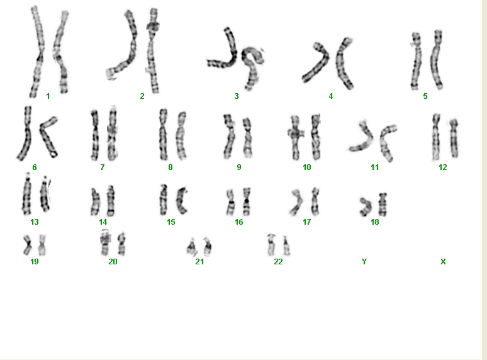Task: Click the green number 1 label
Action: [x=48, y=96]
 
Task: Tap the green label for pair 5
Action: [x=425, y=96]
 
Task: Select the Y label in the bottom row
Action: [x=364, y=262]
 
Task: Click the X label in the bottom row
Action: [x=443, y=262]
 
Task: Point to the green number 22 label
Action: [x=278, y=262]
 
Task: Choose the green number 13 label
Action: [x=35, y=222]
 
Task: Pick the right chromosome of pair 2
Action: [x=152, y=50]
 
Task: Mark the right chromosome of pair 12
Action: [x=454, y=138]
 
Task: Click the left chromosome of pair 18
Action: [x=366, y=206]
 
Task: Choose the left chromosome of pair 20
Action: [x=105, y=243]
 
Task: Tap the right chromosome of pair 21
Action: [x=207, y=245]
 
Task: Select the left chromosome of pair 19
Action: [x=28, y=245]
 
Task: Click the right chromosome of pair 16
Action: [x=246, y=201]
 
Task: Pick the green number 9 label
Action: [x=239, y=167]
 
